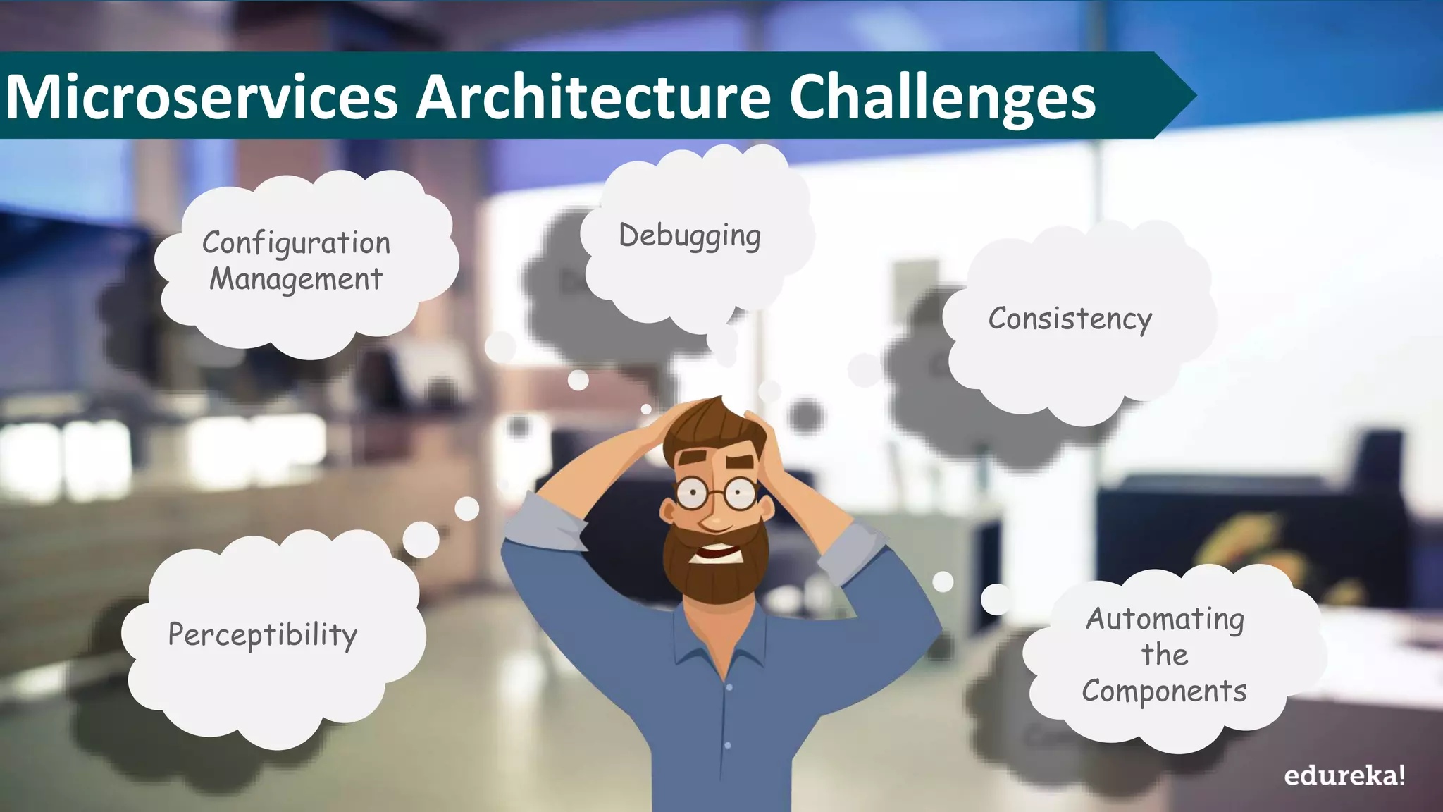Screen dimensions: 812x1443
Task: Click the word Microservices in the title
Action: click(202, 97)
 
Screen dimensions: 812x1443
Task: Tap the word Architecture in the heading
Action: click(593, 97)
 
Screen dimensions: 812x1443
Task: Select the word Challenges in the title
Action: click(941, 98)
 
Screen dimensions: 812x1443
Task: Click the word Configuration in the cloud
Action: click(296, 243)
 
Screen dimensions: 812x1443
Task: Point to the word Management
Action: click(296, 279)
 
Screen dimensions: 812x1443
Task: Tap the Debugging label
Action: click(689, 236)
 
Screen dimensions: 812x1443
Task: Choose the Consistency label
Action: click(1070, 319)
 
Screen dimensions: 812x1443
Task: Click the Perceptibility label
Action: click(262, 635)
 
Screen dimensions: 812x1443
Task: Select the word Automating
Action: click(1165, 620)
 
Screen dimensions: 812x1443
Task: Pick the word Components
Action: click(1164, 691)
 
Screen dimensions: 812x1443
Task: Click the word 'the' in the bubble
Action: click(1164, 655)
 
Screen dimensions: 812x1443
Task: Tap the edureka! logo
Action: click(1344, 776)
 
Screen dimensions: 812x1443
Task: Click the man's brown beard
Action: click(715, 578)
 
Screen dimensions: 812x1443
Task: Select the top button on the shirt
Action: click(729, 687)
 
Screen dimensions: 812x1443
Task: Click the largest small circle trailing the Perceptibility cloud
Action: click(421, 540)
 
